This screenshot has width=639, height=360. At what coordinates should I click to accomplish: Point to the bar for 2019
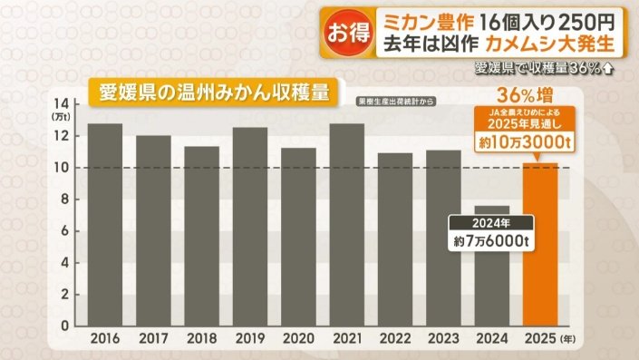point(250,226)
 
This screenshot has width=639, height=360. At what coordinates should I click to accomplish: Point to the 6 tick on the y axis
point(63,230)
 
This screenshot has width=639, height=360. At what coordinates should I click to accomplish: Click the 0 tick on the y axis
point(63,325)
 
